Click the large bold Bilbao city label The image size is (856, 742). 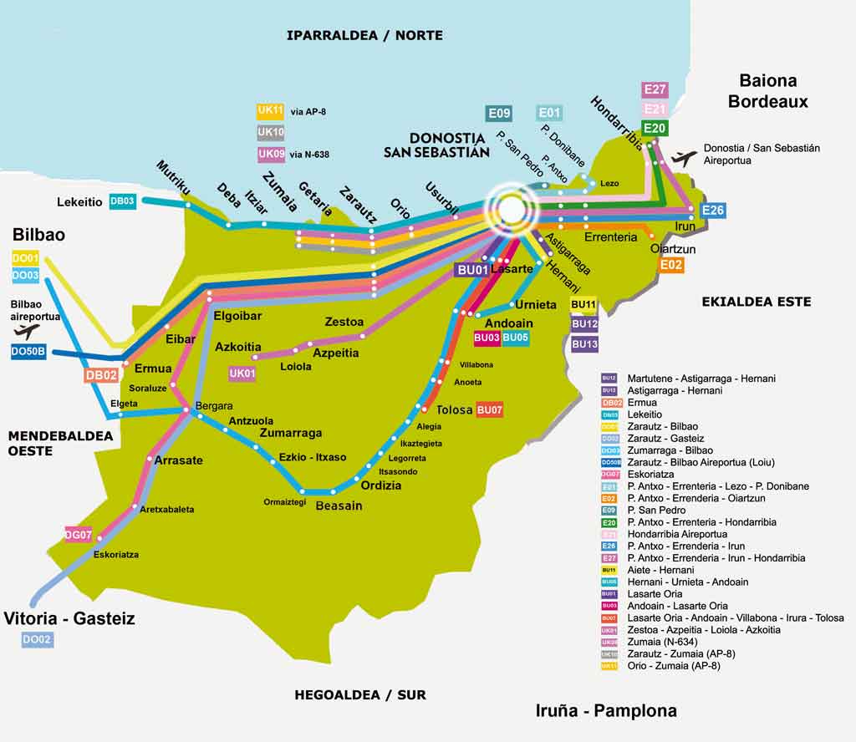[38, 235]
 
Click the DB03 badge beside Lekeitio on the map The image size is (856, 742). [123, 201]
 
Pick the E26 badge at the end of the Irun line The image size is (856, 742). [713, 211]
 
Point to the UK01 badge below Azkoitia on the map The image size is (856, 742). [242, 374]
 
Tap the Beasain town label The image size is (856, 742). [339, 505]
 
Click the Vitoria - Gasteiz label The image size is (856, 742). [69, 619]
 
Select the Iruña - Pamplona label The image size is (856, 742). [606, 711]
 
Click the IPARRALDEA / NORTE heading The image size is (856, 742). [364, 35]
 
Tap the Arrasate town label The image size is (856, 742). [178, 460]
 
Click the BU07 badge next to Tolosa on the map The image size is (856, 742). [489, 409]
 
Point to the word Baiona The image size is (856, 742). [767, 81]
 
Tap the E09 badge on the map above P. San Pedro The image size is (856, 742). [499, 113]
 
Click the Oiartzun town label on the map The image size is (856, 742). [673, 248]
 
